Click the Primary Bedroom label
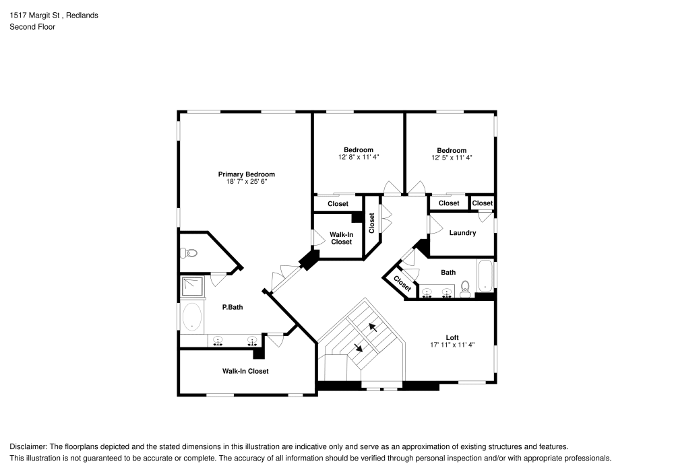click(x=246, y=174)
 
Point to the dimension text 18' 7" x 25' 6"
click(x=246, y=182)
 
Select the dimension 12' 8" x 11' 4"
click(x=359, y=158)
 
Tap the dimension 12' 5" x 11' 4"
click(x=452, y=158)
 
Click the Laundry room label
click(x=462, y=233)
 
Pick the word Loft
click(x=452, y=337)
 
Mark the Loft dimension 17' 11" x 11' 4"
click(x=452, y=345)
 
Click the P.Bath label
click(x=233, y=307)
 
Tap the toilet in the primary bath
click(x=189, y=253)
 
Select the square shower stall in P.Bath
click(x=191, y=287)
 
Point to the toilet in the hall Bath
click(x=465, y=292)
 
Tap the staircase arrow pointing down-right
click(x=358, y=347)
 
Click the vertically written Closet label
click(x=371, y=224)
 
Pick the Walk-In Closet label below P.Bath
click(x=245, y=371)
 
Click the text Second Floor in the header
click(x=32, y=27)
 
